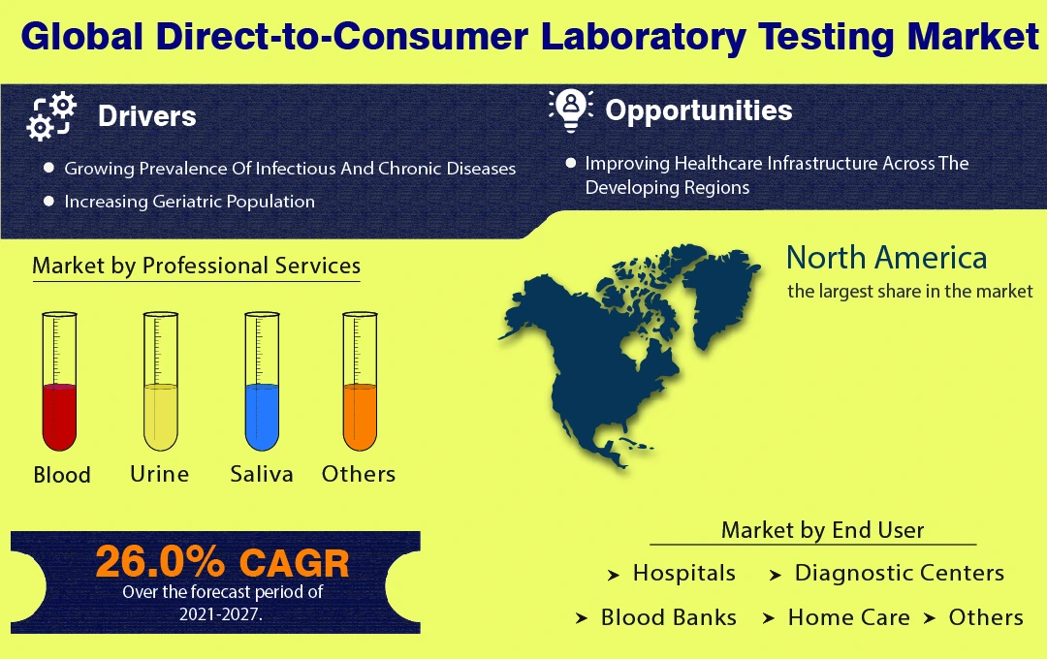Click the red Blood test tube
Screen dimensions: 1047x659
[59, 381]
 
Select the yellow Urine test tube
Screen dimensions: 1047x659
[161, 381]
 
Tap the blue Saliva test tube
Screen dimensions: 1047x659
[262, 381]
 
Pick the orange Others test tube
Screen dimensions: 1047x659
[360, 381]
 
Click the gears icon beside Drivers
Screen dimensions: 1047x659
[51, 116]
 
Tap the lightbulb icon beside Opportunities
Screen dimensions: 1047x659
[571, 110]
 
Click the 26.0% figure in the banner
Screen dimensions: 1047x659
[160, 561]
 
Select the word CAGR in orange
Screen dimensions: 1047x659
[295, 563]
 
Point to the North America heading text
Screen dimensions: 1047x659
[887, 258]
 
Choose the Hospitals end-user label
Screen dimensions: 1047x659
[684, 573]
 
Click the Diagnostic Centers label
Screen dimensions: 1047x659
[900, 573]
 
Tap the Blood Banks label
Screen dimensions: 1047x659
[668, 617]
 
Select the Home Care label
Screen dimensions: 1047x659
[848, 617]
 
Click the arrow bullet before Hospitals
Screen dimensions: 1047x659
[614, 575]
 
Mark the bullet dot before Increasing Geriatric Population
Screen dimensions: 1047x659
[48, 201]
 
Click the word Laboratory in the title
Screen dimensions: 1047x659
[643, 37]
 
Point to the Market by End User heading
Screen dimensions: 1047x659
[823, 530]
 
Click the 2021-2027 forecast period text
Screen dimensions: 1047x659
[220, 614]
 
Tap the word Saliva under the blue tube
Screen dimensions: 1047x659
[262, 474]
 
